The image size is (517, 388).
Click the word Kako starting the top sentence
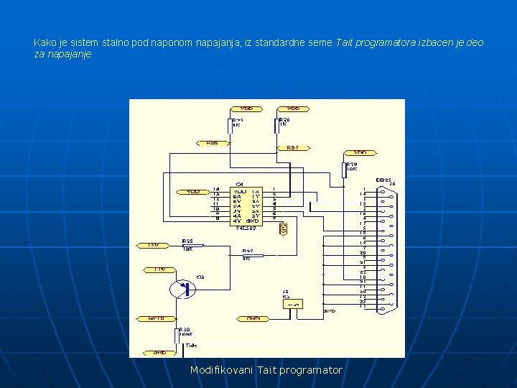tap(44, 43)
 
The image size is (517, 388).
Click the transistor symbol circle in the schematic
tap(182, 289)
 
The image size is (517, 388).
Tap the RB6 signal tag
tap(213, 143)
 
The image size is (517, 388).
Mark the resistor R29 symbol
tap(345, 170)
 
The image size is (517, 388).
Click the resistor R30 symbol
tap(177, 336)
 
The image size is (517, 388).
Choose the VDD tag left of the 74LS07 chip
tap(192, 192)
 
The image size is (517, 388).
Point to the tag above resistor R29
tap(360, 152)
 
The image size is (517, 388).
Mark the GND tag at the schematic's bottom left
tap(159, 353)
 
